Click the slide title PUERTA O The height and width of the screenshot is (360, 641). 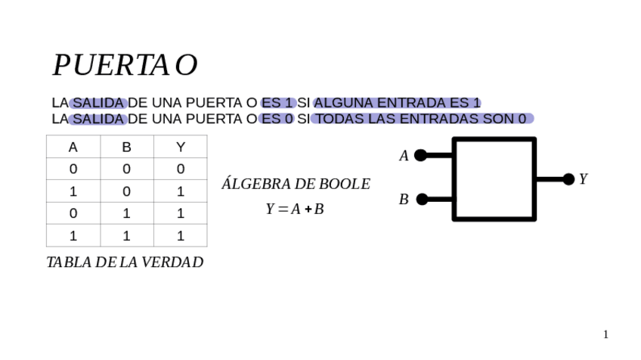pos(125,66)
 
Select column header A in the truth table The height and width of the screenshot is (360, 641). pos(73,147)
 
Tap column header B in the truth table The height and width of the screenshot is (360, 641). pos(126,147)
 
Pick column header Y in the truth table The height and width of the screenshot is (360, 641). pos(180,147)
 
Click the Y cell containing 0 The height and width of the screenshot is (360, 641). pos(180,169)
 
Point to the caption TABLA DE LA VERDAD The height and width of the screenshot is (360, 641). pos(125,262)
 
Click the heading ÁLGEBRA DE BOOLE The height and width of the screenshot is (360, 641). pos(296,184)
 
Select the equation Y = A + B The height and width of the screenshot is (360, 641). pos(295,209)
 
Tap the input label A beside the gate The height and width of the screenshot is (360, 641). pos(404,156)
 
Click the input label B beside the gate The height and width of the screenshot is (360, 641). pos(404,200)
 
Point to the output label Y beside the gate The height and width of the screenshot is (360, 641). pos(583,179)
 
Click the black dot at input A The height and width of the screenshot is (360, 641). pos(420,155)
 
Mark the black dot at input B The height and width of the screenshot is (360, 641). pos(422,199)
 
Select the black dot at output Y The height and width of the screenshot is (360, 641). pos(568,179)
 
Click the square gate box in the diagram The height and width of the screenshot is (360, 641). pos(494,179)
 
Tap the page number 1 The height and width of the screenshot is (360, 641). pos(605,334)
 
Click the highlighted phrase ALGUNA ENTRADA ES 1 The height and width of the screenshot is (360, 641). pos(398,103)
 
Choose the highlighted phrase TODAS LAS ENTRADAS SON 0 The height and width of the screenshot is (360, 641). pos(422,119)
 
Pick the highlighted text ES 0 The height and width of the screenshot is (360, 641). pos(276,119)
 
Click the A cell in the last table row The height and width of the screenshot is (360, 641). pos(73,236)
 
